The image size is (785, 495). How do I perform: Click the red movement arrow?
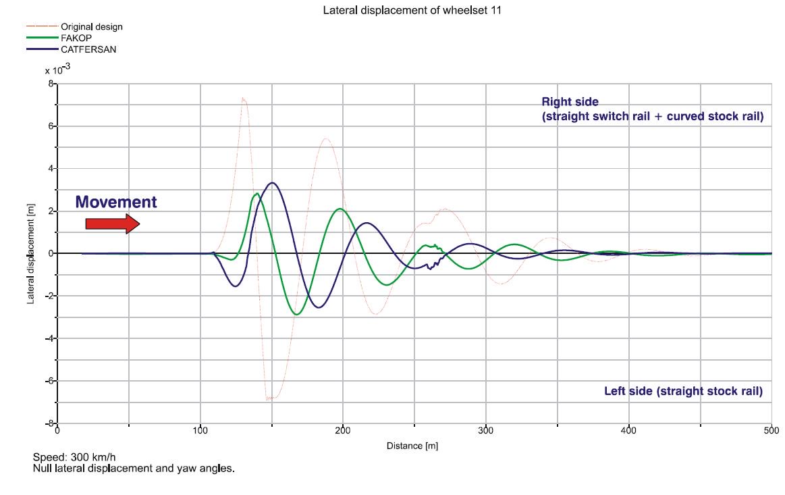tap(112, 224)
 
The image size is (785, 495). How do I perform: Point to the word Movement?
tap(115, 202)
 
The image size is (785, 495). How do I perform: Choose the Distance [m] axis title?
tap(412, 446)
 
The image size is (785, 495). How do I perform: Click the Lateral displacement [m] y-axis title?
tap(31, 254)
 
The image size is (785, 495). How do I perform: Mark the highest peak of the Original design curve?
tap(243, 99)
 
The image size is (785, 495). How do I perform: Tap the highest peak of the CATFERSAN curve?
tap(272, 183)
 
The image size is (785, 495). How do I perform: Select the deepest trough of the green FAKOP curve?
tap(297, 314)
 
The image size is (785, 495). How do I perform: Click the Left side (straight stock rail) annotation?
tap(683, 392)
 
